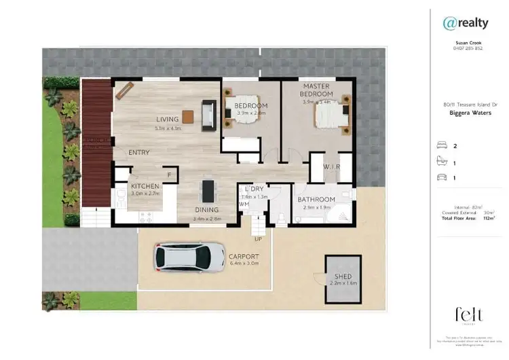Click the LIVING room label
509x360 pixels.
coord(167,120)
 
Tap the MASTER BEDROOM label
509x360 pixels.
coord(317,90)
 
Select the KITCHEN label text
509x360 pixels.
coord(145,186)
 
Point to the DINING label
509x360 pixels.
coord(207,210)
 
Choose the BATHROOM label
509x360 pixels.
coord(316,199)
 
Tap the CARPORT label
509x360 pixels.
coord(244,256)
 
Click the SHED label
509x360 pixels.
coord(343,276)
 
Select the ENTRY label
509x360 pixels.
coord(139,153)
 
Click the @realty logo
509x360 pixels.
coord(466,23)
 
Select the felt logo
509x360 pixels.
coord(469,314)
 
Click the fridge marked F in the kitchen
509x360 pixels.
coord(169,176)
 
